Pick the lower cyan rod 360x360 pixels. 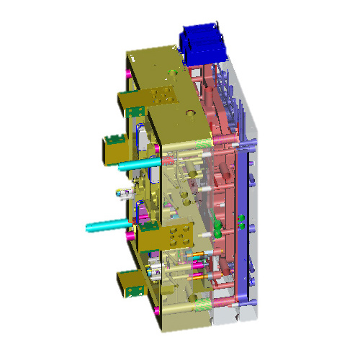pos(108,226)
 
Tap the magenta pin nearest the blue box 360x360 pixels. pos(178,48)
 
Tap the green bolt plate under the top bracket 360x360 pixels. pos(133,111)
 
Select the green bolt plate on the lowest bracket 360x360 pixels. pos(133,290)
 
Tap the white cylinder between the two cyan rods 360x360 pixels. pos(124,193)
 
